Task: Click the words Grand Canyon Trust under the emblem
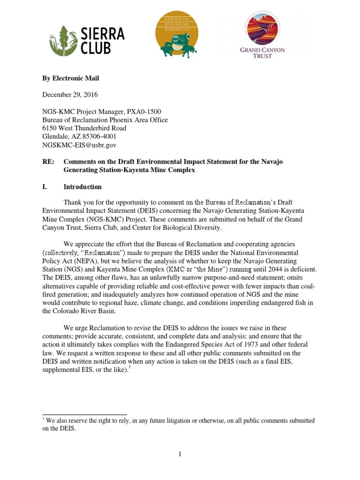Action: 262,52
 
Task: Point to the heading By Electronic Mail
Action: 71,78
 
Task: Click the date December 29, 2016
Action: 70,95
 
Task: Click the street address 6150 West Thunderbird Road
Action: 84,128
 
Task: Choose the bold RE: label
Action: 48,162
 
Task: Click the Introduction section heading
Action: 82,187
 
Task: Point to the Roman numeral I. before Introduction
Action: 45,187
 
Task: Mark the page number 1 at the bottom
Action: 180,454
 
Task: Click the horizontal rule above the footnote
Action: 84,414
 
